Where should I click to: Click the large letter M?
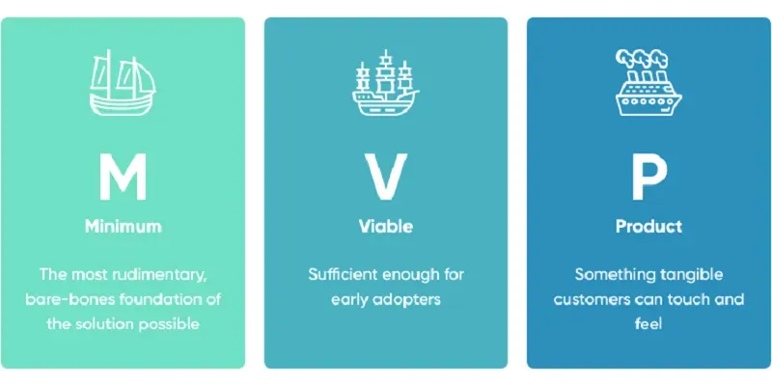123,177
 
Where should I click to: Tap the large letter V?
385,177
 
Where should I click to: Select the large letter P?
648,177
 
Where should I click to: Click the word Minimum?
124,227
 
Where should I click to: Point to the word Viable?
385,227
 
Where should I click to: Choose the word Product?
648,227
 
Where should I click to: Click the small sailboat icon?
123,83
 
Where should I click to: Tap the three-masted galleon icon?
385,83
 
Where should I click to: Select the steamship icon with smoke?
648,83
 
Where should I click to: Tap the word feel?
648,324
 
